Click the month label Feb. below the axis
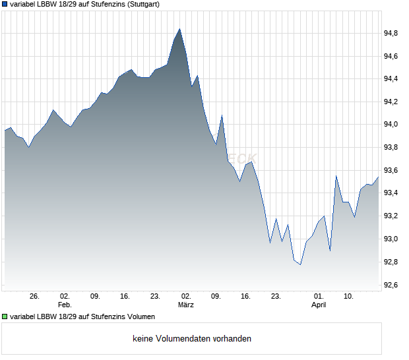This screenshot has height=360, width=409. pyautogui.click(x=65, y=305)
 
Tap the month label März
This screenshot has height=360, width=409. pyautogui.click(x=186, y=305)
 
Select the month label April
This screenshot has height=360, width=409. pyautogui.click(x=319, y=305)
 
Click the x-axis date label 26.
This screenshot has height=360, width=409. pyautogui.click(x=34, y=297)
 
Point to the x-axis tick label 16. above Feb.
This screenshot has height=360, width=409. pyautogui.click(x=125, y=297)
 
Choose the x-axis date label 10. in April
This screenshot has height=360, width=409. pyautogui.click(x=349, y=297)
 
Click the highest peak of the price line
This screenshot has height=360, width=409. pyautogui.click(x=180, y=29)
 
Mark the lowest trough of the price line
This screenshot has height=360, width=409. pyautogui.click(x=300, y=264)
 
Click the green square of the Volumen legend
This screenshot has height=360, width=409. pyautogui.click(x=5, y=316)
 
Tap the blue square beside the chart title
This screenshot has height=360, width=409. pyautogui.click(x=5, y=4)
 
